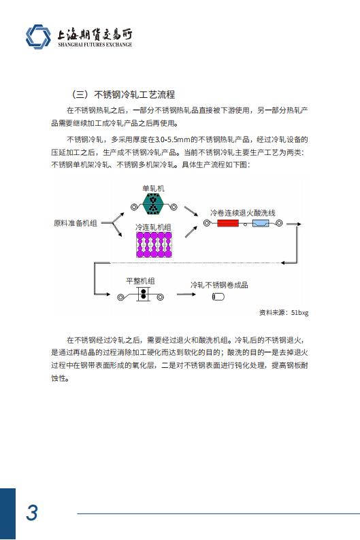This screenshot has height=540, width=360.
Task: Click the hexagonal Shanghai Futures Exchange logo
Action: tap(38, 37)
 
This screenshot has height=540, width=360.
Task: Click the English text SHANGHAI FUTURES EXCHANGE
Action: tap(95, 45)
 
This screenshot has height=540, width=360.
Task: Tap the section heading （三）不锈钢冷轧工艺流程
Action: tap(122, 95)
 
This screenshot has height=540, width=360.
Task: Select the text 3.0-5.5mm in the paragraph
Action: tap(173, 139)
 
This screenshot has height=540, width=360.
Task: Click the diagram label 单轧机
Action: tap(153, 188)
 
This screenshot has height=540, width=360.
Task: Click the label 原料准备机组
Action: tap(76, 223)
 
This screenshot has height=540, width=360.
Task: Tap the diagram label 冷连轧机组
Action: tap(153, 227)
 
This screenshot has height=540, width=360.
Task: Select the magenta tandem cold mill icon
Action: tap(154, 245)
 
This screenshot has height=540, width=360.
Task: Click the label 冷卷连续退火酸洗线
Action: tap(242, 213)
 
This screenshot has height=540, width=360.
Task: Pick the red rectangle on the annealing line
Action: tap(228, 223)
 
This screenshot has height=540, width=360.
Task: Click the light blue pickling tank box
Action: tap(261, 223)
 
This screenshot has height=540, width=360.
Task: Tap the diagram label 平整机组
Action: tap(140, 281)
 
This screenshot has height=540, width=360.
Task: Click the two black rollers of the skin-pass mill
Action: tap(144, 294)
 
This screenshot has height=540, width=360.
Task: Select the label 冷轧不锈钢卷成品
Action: tap(219, 285)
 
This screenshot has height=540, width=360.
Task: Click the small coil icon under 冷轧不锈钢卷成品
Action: tap(218, 297)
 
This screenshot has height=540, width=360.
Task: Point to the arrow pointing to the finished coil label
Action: tap(186, 294)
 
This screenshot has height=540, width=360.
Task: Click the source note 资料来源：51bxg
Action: tap(284, 312)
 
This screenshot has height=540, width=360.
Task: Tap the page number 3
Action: tap(32, 513)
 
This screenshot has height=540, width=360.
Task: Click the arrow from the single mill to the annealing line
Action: tap(191, 211)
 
